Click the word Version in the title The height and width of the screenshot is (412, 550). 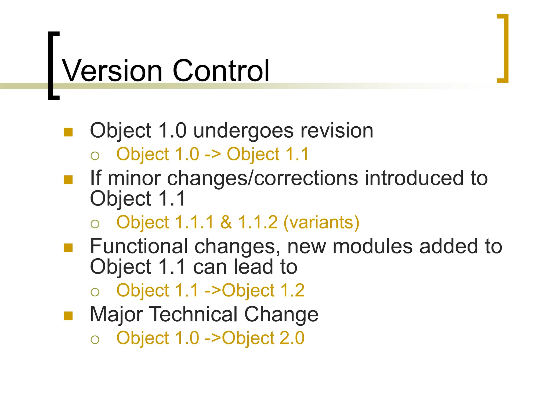click(x=112, y=71)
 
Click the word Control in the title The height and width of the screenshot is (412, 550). click(x=221, y=71)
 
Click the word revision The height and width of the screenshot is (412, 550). click(x=337, y=131)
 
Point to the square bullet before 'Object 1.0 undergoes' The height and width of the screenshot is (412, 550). click(x=68, y=132)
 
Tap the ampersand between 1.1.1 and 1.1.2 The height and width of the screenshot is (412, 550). click(x=226, y=222)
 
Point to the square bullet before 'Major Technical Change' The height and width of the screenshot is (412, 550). click(x=68, y=316)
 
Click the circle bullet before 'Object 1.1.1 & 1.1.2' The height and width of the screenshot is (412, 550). click(x=95, y=224)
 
